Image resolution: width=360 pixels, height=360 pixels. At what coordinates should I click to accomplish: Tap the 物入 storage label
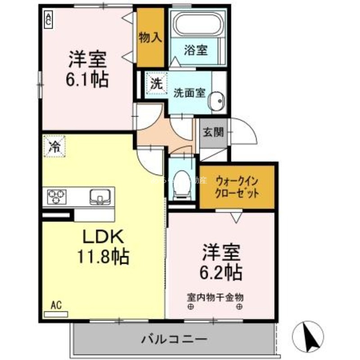[x=150, y=38]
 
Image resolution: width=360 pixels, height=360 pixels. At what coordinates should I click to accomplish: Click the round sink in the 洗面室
[x=217, y=101]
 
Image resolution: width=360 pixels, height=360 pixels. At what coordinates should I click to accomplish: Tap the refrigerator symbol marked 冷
[x=54, y=146]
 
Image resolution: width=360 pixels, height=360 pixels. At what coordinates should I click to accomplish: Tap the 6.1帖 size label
[x=87, y=80]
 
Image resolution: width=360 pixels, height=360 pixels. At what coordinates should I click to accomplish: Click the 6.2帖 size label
[x=221, y=271]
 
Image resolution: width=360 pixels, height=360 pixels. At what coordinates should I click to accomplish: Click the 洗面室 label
[x=189, y=93]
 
